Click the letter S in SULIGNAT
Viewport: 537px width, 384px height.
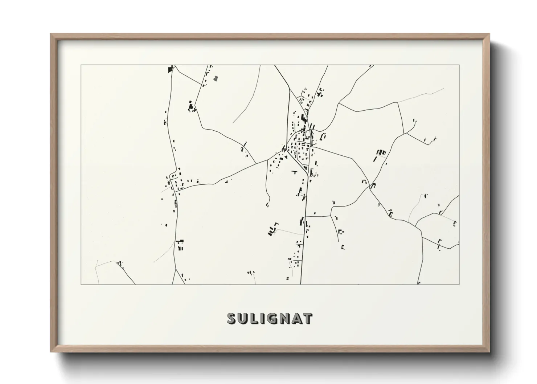232,318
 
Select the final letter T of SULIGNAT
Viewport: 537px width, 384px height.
307,318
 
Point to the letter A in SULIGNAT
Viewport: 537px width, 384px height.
296,318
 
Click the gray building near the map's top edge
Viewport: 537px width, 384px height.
216,78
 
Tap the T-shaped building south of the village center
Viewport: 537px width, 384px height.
294,171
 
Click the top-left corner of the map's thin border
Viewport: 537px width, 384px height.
81,65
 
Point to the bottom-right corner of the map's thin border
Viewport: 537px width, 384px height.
459,285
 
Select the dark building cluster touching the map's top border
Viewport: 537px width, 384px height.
170,69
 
